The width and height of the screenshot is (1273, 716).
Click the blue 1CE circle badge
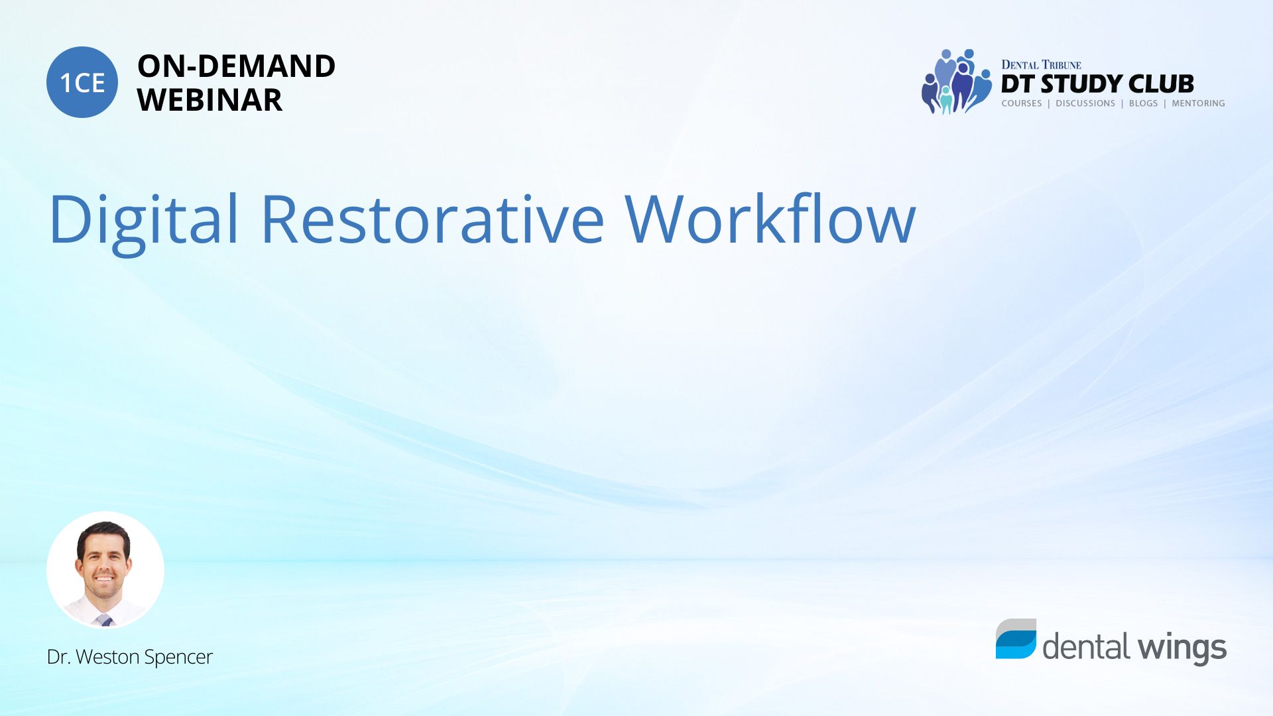[x=82, y=82]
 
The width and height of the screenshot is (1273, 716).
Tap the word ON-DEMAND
[x=236, y=66]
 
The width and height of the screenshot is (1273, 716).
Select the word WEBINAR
[x=210, y=100]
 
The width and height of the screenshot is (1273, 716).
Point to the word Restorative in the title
[x=432, y=219]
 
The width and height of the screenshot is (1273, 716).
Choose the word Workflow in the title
[x=770, y=217]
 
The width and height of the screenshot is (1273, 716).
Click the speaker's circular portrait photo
[x=105, y=570]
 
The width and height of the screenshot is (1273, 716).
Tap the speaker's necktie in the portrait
[x=105, y=621]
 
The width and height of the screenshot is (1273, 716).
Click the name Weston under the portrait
[x=108, y=656]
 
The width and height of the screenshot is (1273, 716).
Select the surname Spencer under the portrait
[x=178, y=658]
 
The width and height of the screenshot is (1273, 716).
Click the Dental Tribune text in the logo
[x=1041, y=64]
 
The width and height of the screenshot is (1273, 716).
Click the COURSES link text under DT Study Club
[x=1022, y=103]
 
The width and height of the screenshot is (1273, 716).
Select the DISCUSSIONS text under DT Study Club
[x=1085, y=103]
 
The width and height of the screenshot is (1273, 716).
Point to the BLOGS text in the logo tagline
[x=1143, y=103]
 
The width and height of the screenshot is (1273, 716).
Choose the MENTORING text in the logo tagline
[x=1198, y=103]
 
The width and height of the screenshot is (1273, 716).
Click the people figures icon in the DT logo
[x=956, y=82]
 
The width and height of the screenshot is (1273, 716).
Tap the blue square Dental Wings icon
[x=1016, y=639]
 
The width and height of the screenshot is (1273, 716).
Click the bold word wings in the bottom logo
[x=1182, y=648]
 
